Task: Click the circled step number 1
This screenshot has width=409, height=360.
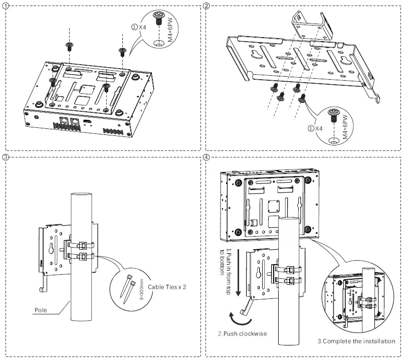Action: click(6, 6)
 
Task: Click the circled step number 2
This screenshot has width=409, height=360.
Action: click(208, 6)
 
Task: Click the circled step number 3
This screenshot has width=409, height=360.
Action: click(6, 157)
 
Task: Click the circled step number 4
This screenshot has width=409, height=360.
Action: click(208, 157)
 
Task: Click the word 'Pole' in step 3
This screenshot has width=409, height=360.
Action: click(41, 310)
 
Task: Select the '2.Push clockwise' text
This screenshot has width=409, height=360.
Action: click(242, 333)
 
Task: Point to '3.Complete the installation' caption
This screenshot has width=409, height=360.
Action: click(356, 341)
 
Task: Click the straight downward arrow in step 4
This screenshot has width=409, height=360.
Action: click(238, 270)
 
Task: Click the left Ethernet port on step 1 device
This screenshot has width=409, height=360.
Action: click(65, 121)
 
